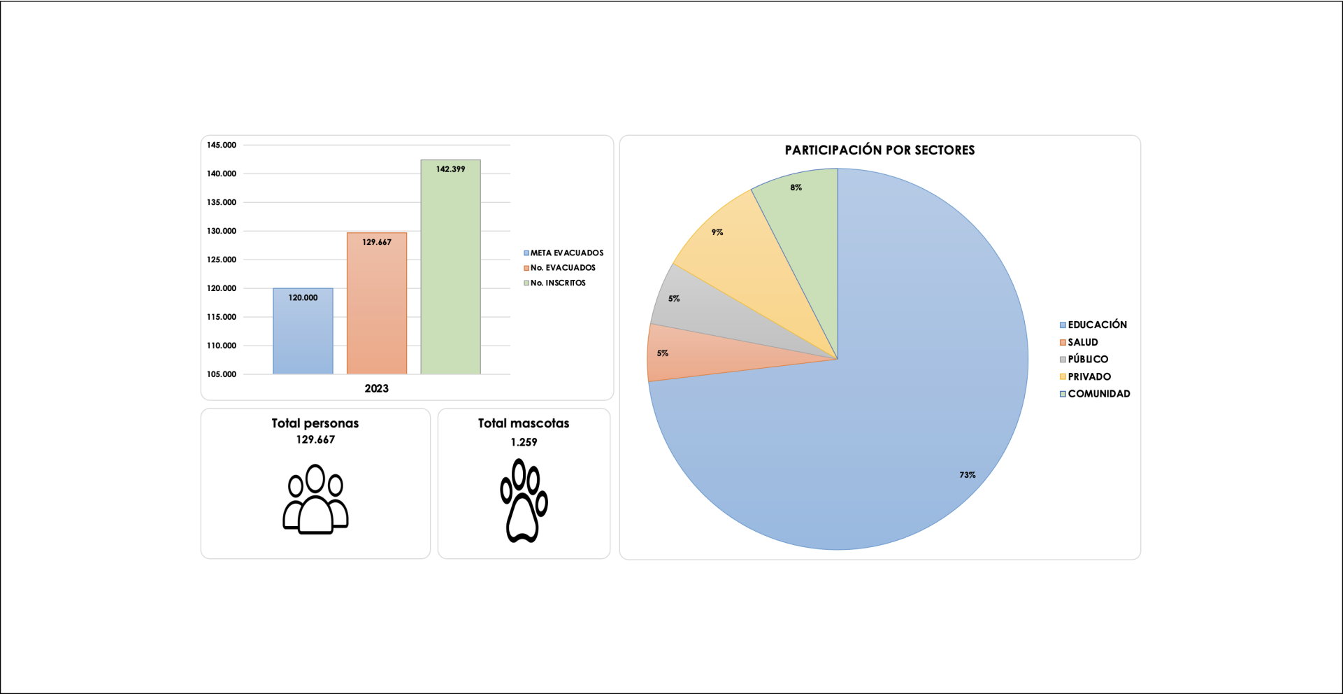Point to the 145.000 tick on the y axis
(x=222, y=146)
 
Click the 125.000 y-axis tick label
(x=222, y=260)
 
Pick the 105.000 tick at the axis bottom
(x=222, y=374)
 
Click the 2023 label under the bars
(x=376, y=388)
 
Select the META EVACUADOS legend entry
(x=563, y=253)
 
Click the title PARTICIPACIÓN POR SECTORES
(x=879, y=150)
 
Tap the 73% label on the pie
(x=967, y=475)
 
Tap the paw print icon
(x=524, y=500)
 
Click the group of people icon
(x=315, y=499)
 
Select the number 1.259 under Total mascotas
(x=524, y=442)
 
